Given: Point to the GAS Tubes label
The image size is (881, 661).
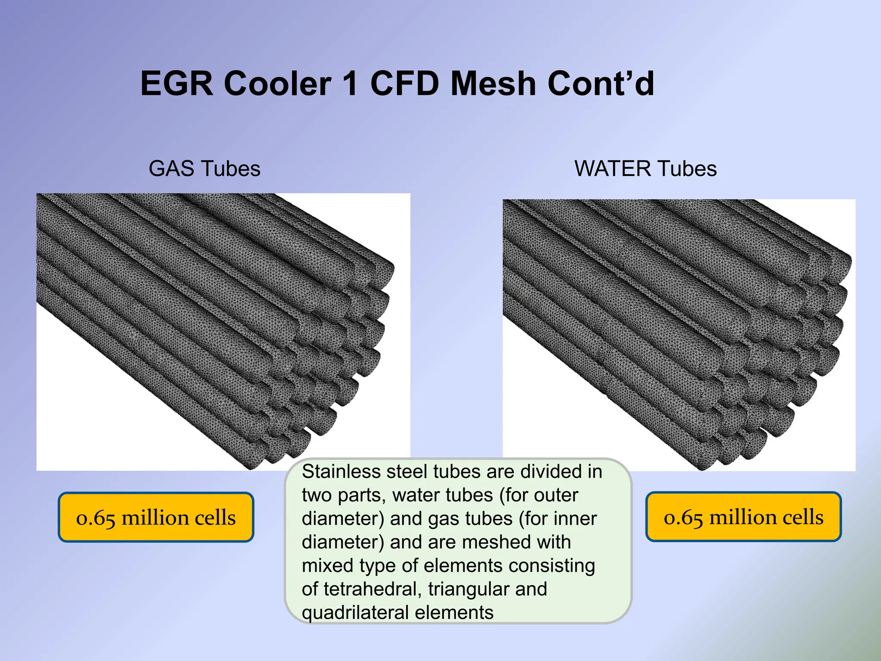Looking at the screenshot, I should click(x=204, y=168).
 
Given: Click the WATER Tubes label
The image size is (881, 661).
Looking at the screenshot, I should click(x=645, y=168).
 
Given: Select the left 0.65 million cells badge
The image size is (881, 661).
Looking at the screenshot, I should click(x=156, y=517).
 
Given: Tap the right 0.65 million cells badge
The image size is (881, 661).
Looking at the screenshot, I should click(x=743, y=517).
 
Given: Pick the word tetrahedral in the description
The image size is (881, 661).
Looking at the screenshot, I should click(x=373, y=589).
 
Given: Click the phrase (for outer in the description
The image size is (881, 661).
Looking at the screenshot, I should click(x=539, y=495).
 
